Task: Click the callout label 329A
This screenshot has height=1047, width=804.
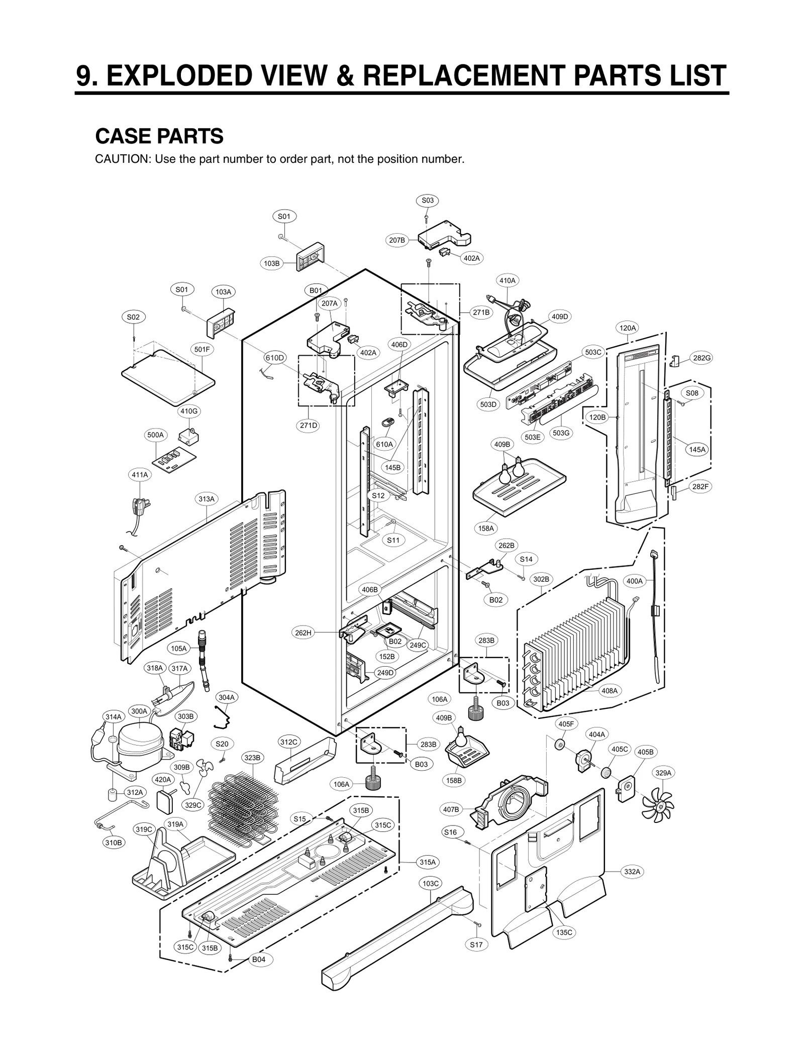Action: (663, 773)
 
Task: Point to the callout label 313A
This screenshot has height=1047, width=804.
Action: (206, 499)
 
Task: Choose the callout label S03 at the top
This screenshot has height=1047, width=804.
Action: (427, 200)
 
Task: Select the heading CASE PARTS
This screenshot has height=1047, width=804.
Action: (159, 136)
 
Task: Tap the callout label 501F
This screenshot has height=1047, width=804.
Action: (202, 349)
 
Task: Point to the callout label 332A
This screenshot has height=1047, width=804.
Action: (632, 872)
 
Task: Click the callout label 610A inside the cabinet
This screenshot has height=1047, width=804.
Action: (384, 444)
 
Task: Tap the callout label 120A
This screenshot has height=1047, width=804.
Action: (627, 328)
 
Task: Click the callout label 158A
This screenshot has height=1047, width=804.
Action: (486, 528)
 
